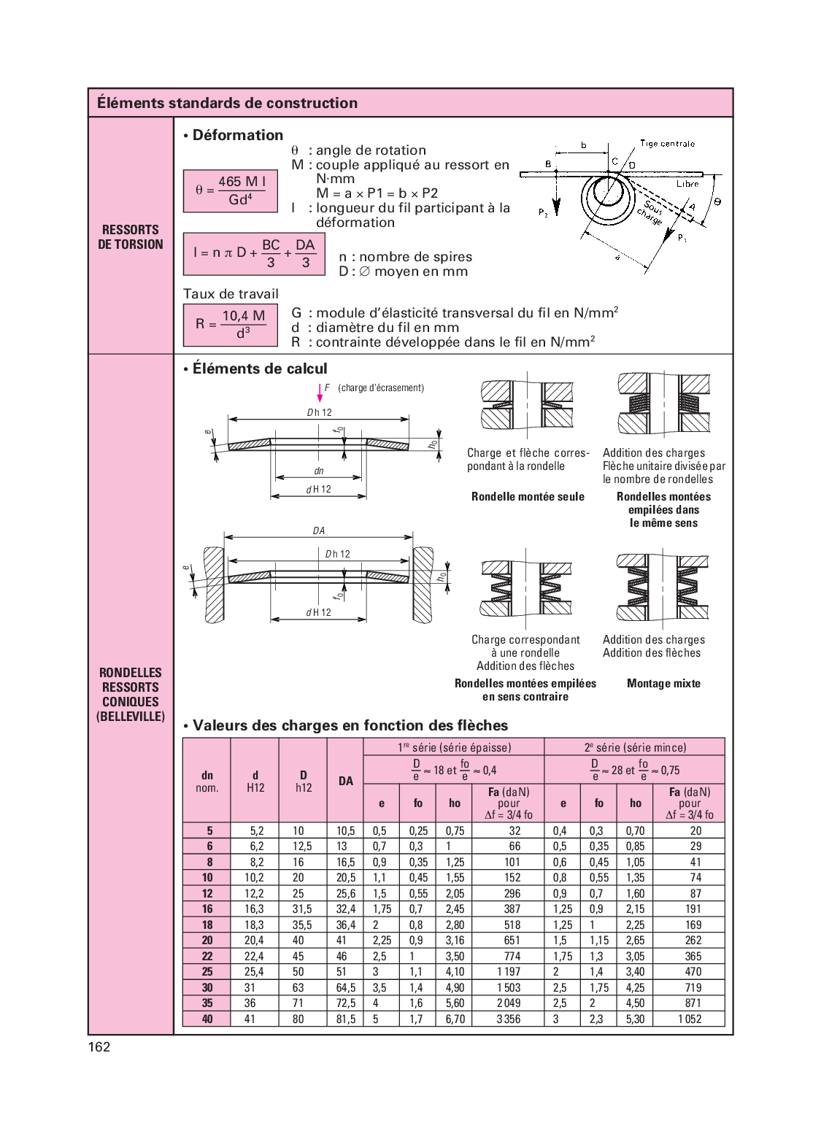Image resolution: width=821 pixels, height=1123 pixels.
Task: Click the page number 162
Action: [99, 1046]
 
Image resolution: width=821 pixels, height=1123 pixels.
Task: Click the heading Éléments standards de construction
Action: [227, 103]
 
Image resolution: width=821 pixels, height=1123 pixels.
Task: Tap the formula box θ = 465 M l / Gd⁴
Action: [231, 190]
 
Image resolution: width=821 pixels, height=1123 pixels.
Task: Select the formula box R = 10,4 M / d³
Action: [231, 324]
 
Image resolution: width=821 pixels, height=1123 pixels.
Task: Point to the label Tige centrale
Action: [667, 144]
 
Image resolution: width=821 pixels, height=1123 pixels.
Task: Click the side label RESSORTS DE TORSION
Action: [131, 237]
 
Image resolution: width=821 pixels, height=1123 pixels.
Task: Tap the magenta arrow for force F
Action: [320, 393]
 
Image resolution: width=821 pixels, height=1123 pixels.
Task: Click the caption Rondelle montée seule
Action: [528, 497]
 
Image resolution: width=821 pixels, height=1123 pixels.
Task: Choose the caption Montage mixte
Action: [663, 684]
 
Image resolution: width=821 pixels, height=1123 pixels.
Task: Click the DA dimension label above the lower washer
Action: [319, 530]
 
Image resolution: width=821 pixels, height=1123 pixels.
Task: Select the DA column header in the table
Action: [346, 781]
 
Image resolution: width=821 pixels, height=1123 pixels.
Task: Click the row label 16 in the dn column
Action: [207, 909]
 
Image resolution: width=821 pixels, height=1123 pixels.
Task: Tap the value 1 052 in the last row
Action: [690, 1019]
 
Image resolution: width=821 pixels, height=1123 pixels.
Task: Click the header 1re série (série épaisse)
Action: [454, 747]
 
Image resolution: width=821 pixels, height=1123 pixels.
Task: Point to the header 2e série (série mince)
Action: [635, 747]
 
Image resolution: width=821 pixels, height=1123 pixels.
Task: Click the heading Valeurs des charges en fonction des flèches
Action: [350, 725]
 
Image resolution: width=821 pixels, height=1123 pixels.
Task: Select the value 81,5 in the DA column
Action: [346, 1019]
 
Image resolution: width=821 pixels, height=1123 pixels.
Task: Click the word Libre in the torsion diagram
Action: [687, 184]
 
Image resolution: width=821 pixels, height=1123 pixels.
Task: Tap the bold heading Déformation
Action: [237, 135]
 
